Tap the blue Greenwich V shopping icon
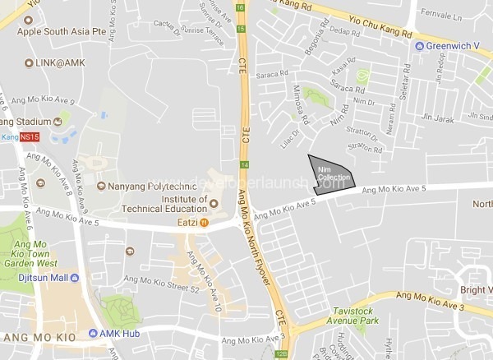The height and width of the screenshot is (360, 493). (419, 45)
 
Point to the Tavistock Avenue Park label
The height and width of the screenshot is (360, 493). (364, 316)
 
